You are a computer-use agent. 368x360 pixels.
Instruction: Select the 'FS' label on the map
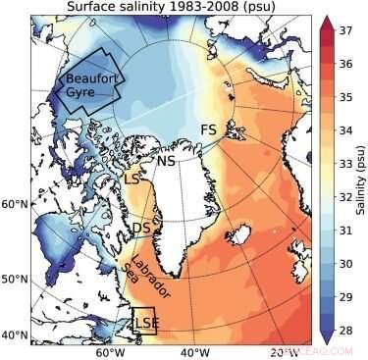click(x=208, y=130)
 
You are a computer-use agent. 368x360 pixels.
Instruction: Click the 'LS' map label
click(x=131, y=180)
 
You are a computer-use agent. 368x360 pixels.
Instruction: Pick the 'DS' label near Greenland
click(x=141, y=229)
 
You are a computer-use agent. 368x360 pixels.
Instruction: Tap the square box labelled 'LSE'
click(x=144, y=320)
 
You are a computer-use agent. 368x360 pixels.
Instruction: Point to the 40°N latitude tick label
click(x=15, y=335)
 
